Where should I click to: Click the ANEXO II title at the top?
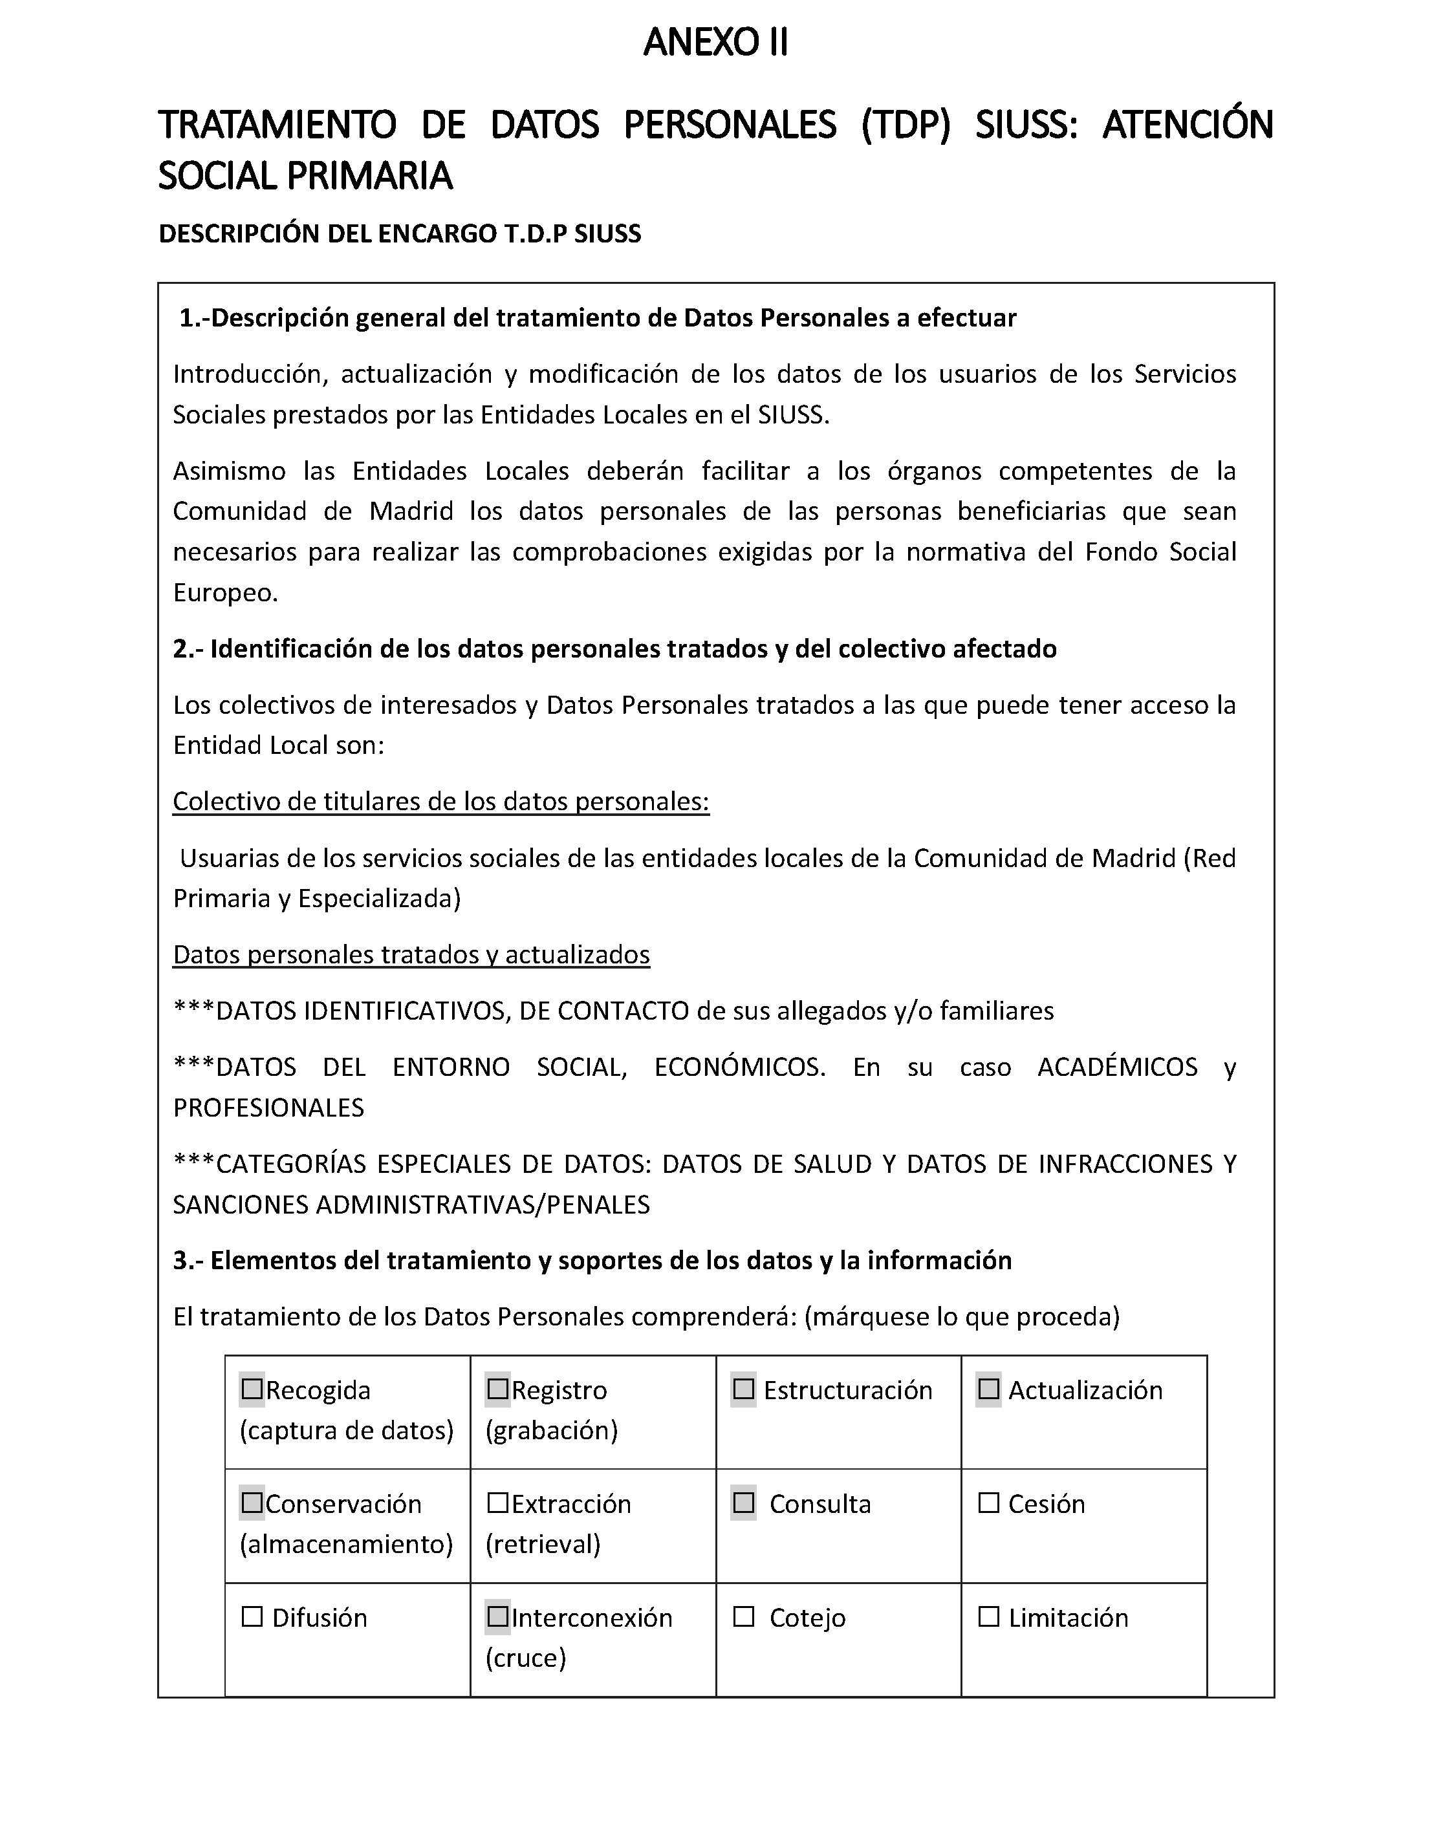click(x=715, y=43)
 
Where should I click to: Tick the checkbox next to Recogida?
click(x=252, y=1389)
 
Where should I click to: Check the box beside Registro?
click(x=497, y=1389)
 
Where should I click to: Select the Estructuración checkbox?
click(x=743, y=1389)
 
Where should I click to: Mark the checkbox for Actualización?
click(x=988, y=1389)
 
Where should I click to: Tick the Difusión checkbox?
click(x=252, y=1617)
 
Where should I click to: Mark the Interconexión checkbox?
click(x=497, y=1617)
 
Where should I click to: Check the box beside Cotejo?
click(x=743, y=1617)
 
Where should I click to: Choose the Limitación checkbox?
click(x=988, y=1617)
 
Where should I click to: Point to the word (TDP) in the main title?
click(x=905, y=125)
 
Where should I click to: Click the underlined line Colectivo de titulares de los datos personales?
click(x=441, y=802)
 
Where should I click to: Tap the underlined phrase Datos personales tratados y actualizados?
click(x=411, y=955)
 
